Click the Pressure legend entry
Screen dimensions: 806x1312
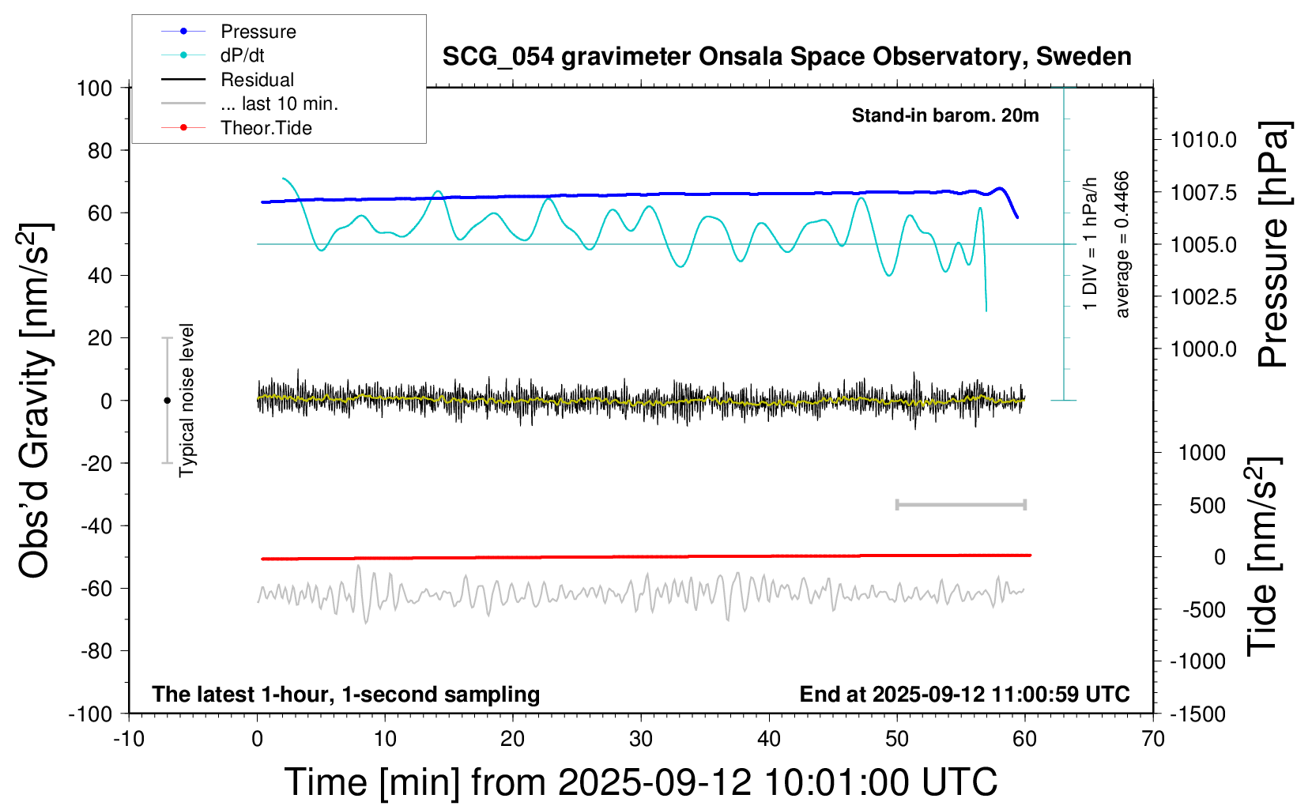pos(258,32)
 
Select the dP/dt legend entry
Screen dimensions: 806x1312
pos(242,55)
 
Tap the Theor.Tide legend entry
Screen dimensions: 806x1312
pos(266,128)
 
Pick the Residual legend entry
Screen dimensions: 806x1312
pos(257,80)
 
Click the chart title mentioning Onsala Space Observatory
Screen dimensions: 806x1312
pos(786,57)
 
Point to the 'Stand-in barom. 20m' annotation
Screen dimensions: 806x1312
pos(944,115)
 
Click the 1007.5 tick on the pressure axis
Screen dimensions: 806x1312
pos(1203,192)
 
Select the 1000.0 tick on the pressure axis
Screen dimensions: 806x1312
pos(1203,349)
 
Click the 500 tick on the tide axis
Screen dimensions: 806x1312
pos(1208,506)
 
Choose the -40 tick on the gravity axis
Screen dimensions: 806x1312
pos(96,525)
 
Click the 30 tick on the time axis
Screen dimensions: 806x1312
pos(641,740)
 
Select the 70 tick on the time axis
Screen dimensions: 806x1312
pos(1153,740)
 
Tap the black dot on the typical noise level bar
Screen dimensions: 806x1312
pos(167,401)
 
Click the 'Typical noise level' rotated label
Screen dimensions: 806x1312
pos(187,401)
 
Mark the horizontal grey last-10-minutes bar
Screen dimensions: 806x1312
pos(960,504)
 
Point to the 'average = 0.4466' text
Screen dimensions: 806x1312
pos(1122,245)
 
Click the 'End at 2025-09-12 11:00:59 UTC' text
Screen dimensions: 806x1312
pos(964,695)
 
